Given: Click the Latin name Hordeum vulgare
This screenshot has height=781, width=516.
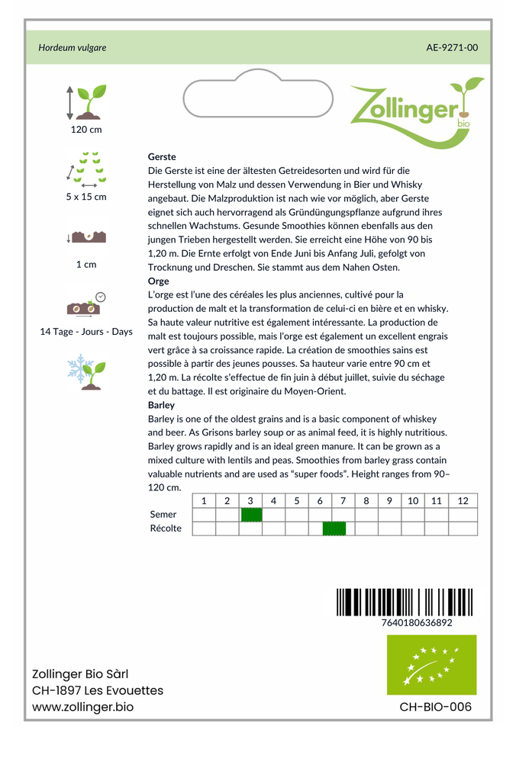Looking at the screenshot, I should click(x=73, y=47).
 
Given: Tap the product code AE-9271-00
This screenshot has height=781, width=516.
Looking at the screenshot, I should click(x=452, y=47).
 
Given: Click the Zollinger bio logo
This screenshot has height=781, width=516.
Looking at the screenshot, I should click(x=416, y=111).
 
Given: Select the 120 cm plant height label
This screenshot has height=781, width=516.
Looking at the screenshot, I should click(x=86, y=130).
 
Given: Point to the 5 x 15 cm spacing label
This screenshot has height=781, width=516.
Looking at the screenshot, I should click(x=86, y=197).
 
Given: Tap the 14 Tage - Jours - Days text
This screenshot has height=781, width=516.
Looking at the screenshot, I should click(x=86, y=332).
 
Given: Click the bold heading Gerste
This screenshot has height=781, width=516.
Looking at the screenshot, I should click(x=162, y=156).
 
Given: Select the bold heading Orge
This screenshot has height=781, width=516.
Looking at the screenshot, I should click(x=158, y=281).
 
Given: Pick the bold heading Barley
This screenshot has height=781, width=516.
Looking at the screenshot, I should click(x=161, y=405).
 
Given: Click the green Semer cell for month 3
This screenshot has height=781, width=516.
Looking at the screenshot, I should click(x=251, y=515).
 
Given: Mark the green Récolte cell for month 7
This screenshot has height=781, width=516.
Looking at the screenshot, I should click(x=334, y=529).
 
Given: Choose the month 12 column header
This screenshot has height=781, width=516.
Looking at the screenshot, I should click(x=463, y=501).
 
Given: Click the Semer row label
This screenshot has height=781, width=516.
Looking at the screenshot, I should click(x=163, y=515).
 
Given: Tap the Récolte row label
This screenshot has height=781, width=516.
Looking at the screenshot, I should click(x=166, y=529).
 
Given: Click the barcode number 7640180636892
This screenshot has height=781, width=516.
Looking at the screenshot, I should click(x=416, y=622).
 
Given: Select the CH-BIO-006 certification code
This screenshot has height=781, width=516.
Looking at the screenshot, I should click(x=435, y=707).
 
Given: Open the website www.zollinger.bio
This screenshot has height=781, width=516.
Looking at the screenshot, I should click(x=82, y=707).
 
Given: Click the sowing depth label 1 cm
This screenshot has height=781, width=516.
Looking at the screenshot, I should click(x=86, y=265).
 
